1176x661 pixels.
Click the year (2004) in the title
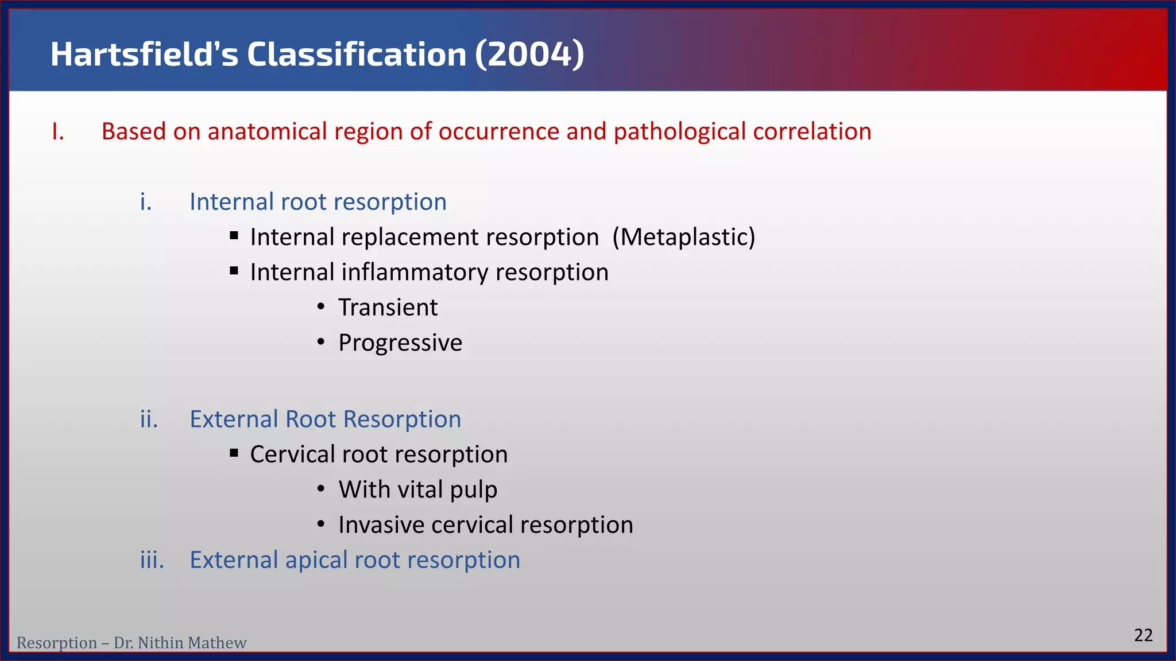529,55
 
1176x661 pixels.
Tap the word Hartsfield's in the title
144,55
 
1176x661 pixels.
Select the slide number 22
1143,635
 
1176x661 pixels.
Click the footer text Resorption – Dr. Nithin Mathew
131,643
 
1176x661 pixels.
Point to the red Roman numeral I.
57,132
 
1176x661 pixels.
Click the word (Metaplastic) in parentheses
683,237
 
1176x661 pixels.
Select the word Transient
388,308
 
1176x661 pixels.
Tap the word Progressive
400,343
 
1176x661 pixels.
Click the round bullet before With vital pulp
321,489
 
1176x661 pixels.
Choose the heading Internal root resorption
318,202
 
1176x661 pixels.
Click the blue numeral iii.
152,560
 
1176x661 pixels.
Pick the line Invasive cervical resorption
485,525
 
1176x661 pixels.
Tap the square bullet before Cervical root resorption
234,453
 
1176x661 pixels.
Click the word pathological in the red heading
680,132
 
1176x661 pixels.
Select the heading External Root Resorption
325,419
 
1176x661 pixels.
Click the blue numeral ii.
149,419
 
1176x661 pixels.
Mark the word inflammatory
415,273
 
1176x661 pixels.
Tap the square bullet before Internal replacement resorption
234,236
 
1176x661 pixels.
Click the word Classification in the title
357,55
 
